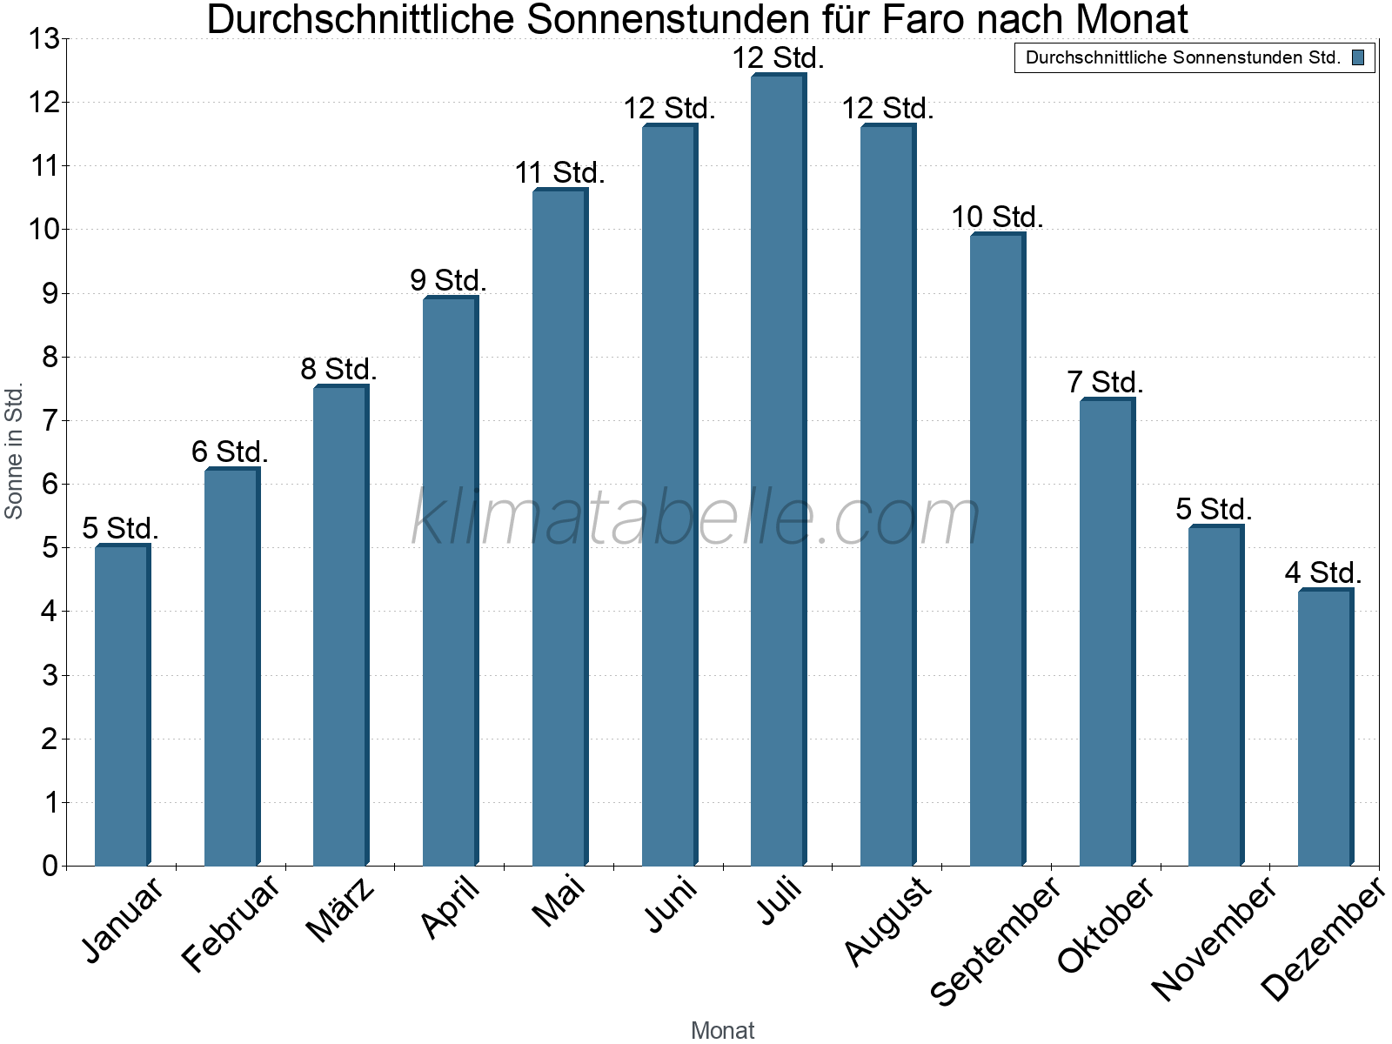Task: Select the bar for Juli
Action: tap(778, 470)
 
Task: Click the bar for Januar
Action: tap(122, 705)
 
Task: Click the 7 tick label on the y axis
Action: tap(49, 421)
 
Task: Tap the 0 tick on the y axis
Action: tap(49, 866)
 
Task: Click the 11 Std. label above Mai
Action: tap(559, 172)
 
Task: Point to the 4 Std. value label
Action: tap(1323, 572)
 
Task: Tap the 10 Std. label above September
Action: tap(997, 217)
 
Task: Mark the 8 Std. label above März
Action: tap(339, 369)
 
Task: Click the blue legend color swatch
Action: tap(1358, 58)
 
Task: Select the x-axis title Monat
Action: tap(722, 1030)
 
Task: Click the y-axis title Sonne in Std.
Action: tap(14, 452)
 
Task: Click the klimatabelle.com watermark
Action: tap(696, 518)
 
